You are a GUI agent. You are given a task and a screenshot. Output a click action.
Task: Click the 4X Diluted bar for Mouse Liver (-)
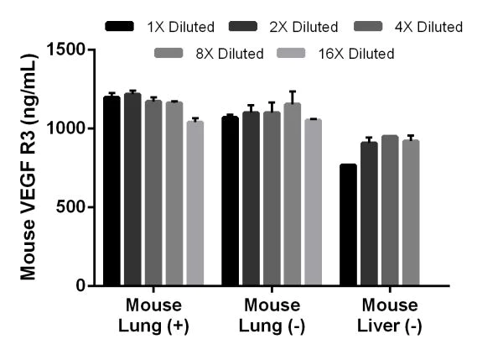pos(389,211)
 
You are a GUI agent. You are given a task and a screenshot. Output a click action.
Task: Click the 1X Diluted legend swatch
pos(120,27)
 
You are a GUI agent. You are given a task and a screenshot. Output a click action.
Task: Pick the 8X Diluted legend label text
pos(228,54)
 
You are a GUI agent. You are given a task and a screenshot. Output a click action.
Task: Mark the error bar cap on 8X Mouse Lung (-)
pos(292,91)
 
